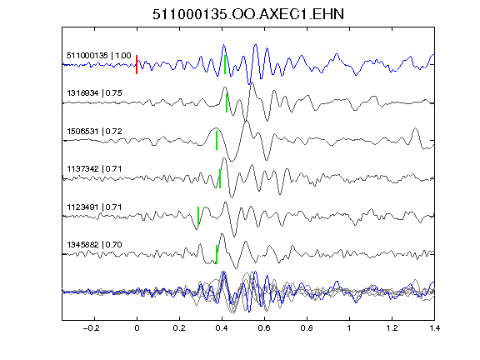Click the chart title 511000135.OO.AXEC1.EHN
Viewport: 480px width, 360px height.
click(x=248, y=14)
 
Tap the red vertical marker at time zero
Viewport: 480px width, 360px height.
click(x=137, y=65)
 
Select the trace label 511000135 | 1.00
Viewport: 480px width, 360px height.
click(x=99, y=56)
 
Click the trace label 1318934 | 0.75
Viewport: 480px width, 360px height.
click(x=94, y=93)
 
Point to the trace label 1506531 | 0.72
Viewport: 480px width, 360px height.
click(x=94, y=132)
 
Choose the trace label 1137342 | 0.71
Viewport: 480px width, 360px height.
click(x=94, y=169)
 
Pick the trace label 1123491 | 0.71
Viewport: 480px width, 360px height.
click(x=94, y=207)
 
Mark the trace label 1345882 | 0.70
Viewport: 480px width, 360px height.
click(x=94, y=245)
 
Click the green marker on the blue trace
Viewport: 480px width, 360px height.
click(x=225, y=65)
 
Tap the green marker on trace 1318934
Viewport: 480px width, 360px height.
click(x=227, y=102)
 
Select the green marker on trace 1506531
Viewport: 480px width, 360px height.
click(x=217, y=141)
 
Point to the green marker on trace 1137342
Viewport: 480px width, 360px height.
click(x=220, y=178)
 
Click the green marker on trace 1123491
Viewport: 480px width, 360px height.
click(x=198, y=216)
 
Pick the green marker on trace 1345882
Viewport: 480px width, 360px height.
click(x=217, y=254)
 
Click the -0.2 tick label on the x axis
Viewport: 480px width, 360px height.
click(x=91, y=328)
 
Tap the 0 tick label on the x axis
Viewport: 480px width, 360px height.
click(x=137, y=328)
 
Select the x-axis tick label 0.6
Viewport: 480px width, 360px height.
click(x=264, y=328)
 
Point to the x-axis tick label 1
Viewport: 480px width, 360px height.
click(x=349, y=328)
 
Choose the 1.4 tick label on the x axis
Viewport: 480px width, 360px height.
click(x=434, y=328)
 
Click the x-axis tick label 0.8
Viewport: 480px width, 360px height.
click(x=307, y=328)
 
